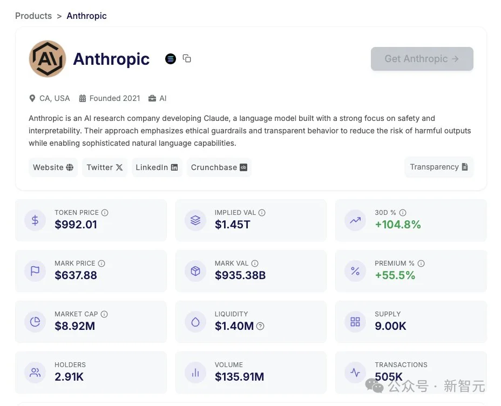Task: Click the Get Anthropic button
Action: click(422, 59)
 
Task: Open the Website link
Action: click(53, 167)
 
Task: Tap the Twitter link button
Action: click(105, 167)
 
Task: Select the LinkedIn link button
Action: click(157, 167)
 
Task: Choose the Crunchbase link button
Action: click(219, 167)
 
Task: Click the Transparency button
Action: click(438, 167)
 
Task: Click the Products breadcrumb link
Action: click(33, 16)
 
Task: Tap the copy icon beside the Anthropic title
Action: click(187, 58)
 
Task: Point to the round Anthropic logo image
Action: click(48, 58)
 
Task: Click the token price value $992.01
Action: click(76, 225)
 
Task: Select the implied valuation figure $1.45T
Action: click(233, 225)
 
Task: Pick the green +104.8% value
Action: click(398, 225)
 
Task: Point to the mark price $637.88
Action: click(76, 275)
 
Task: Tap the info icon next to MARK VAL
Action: click(255, 263)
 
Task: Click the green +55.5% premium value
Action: click(395, 275)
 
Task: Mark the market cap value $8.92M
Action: click(75, 326)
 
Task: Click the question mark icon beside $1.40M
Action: click(260, 326)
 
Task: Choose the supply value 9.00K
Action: click(390, 326)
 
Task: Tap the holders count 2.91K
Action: click(69, 377)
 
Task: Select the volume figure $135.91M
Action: click(239, 377)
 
